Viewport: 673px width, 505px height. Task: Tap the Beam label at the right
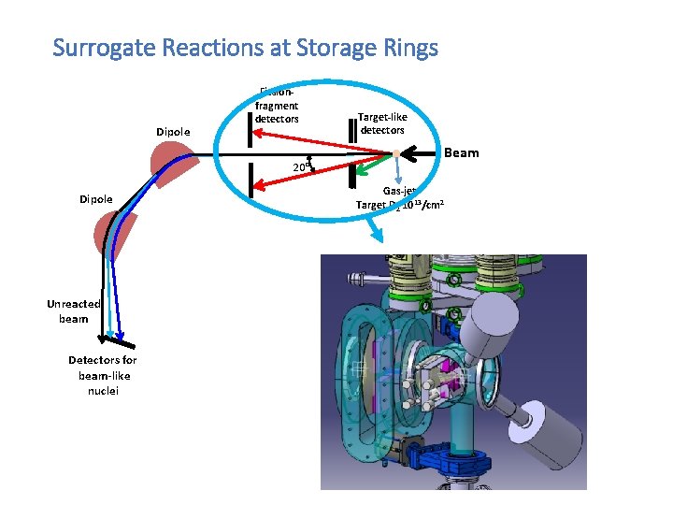click(x=461, y=152)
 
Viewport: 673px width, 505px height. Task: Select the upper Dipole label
click(x=173, y=132)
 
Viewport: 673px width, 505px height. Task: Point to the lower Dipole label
click(x=96, y=199)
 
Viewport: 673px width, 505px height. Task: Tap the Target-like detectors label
click(x=382, y=123)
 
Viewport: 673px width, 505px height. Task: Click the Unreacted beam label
click(x=73, y=310)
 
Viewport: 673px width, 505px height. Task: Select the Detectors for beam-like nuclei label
click(x=102, y=375)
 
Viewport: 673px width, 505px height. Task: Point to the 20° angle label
click(x=301, y=166)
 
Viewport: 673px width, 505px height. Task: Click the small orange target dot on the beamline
click(x=396, y=153)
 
